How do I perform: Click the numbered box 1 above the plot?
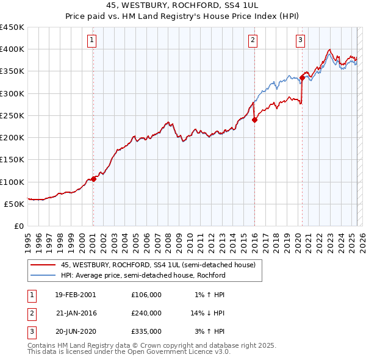pyautogui.click(x=91, y=41)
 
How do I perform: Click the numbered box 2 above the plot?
pyautogui.click(x=253, y=41)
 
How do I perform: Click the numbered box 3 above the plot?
pyautogui.click(x=301, y=41)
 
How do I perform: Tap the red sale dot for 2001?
pyautogui.click(x=93, y=179)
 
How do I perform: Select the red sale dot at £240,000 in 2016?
pyautogui.click(x=254, y=120)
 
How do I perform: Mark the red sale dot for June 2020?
pyautogui.click(x=302, y=77)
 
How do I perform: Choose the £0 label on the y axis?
pyautogui.click(x=18, y=226)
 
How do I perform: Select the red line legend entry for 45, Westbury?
pyautogui.click(x=161, y=265)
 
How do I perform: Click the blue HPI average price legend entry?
pyautogui.click(x=143, y=275)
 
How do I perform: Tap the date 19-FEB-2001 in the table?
pyautogui.click(x=75, y=295)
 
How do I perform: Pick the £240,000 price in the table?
pyautogui.click(x=146, y=313)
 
